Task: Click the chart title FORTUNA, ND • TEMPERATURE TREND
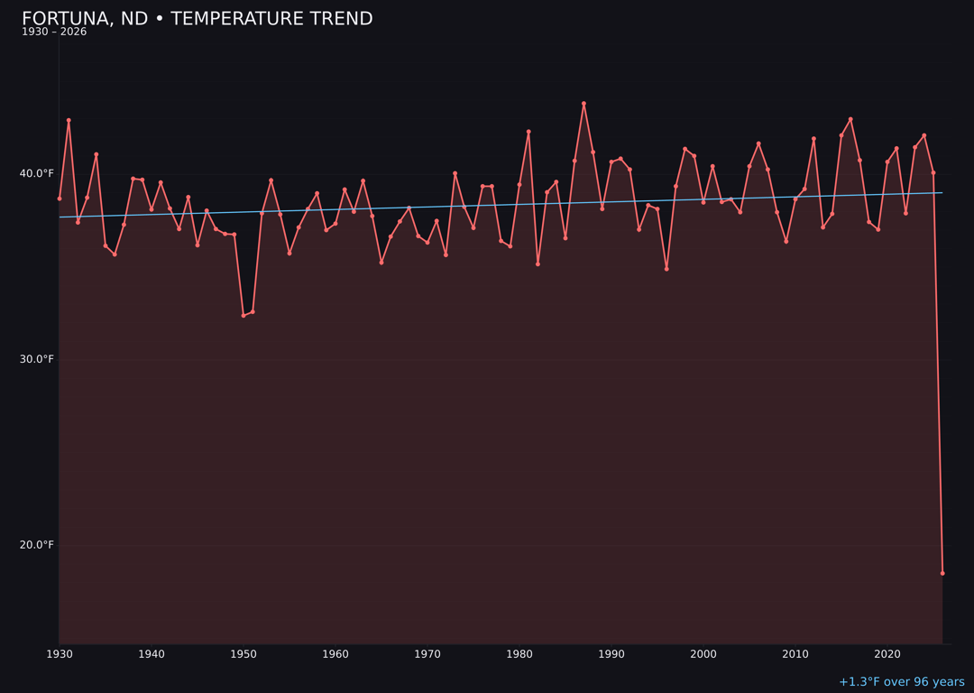coord(197,19)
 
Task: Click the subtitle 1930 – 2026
coord(54,32)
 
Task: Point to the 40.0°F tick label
coord(38,173)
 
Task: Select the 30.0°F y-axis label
coord(38,359)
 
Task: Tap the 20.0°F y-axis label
coord(38,545)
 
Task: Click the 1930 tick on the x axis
coord(60,654)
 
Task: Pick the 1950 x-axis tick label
coord(243,654)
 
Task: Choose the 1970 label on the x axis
coord(427,654)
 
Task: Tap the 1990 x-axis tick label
coord(611,654)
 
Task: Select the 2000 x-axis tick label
coord(703,654)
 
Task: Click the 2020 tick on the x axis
coord(887,654)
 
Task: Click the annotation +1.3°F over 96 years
coord(901,682)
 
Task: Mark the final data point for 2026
coord(942,573)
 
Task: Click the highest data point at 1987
coord(583,104)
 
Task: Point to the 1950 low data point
coord(243,316)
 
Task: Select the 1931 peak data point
coord(69,120)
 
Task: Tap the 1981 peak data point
coord(528,132)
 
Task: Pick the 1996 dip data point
coord(666,269)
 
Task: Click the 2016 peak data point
coord(850,119)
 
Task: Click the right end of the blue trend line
coord(942,192)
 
